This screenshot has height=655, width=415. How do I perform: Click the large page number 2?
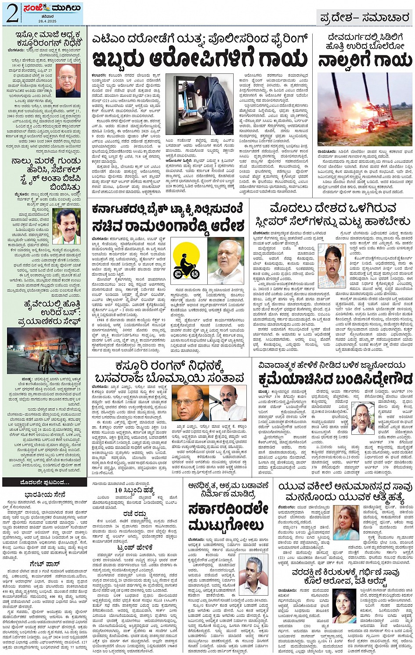tap(12, 13)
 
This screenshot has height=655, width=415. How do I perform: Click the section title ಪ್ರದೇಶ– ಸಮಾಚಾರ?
tap(364, 18)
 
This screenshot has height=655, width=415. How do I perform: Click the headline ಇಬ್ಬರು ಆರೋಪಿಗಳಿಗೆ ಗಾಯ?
tap(200, 58)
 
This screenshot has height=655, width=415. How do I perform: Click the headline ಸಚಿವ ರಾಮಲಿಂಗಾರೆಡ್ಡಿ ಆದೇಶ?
tap(168, 226)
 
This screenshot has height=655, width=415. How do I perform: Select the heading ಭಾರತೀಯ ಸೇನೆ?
tap(45, 495)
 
